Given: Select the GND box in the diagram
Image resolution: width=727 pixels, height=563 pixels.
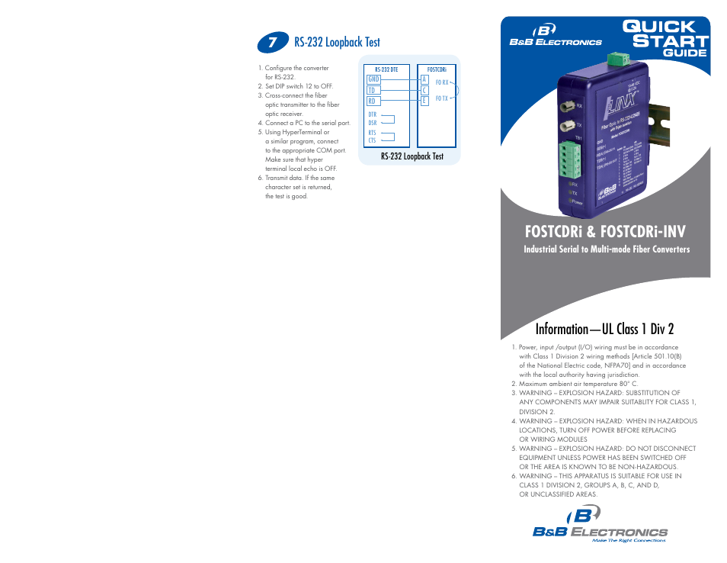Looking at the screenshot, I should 373,79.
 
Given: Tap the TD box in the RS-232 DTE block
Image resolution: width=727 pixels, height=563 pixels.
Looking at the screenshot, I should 373,90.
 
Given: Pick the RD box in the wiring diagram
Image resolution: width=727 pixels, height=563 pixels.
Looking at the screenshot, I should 373,101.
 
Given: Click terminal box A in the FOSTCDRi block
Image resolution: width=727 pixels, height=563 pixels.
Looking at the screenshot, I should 424,79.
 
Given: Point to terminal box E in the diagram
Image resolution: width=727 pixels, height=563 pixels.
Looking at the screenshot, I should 424,101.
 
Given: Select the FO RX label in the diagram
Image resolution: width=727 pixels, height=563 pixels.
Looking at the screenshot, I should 442,82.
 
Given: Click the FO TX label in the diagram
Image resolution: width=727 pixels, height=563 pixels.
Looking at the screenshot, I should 442,98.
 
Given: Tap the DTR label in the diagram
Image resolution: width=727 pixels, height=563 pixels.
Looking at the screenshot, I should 373,114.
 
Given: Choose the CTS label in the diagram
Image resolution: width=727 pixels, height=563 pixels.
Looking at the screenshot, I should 373,140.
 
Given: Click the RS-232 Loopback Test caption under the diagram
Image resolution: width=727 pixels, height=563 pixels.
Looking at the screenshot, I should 412,156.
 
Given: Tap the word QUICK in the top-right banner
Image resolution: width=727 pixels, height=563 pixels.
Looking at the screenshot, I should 659,27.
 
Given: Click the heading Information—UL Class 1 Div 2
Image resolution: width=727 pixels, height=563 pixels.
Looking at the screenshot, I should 604,329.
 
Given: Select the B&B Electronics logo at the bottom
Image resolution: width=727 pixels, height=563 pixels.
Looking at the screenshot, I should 600,526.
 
